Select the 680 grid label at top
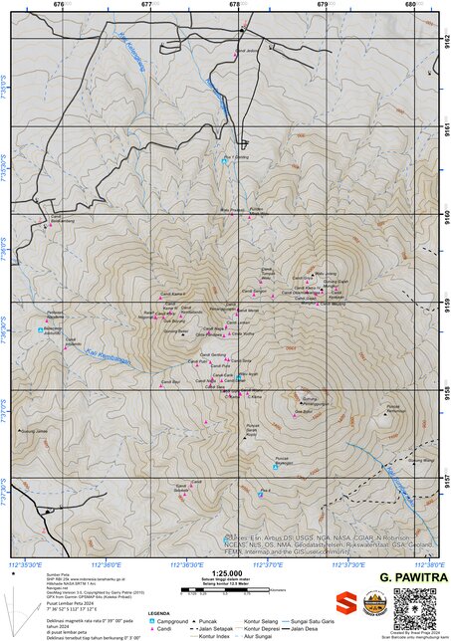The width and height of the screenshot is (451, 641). click(410, 5)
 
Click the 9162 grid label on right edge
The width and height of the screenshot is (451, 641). click(445, 41)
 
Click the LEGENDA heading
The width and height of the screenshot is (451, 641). click(158, 613)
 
